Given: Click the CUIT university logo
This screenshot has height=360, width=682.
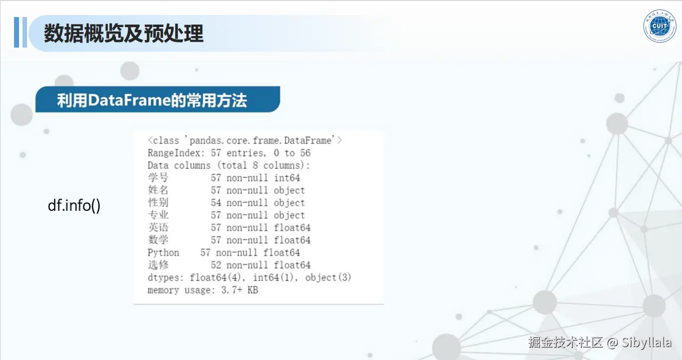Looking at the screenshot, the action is point(659,26).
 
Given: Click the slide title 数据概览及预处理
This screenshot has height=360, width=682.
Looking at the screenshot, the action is point(124,34).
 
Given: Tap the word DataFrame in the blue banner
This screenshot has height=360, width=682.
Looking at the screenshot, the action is point(129,100).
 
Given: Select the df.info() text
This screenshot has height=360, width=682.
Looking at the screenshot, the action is point(74,206).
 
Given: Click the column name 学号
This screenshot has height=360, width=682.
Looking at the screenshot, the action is point(158,178).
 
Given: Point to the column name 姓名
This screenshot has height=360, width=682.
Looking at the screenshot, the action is point(158,190).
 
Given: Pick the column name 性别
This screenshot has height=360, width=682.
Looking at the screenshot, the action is point(158,203).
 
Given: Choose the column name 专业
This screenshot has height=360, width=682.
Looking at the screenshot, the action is point(158,215).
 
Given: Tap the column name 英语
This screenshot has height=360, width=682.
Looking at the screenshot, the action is point(158,227).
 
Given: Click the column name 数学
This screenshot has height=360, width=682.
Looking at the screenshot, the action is point(158,240).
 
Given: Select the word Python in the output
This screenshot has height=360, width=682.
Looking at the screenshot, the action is point(164,253).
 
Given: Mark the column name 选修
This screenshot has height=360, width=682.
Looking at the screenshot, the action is point(158,265).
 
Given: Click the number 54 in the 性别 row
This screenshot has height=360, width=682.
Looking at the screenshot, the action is point(216,203).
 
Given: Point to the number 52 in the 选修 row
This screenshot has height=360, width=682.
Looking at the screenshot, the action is point(216,265).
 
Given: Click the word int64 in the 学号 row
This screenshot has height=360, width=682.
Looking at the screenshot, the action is point(287,178).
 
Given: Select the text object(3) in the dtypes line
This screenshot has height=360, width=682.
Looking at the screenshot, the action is point(328,277).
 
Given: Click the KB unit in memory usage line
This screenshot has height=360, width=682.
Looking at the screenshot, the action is point(253,290).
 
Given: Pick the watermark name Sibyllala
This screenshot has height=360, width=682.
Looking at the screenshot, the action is point(646,342).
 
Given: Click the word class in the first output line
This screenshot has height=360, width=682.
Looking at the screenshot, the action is point(166,140).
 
